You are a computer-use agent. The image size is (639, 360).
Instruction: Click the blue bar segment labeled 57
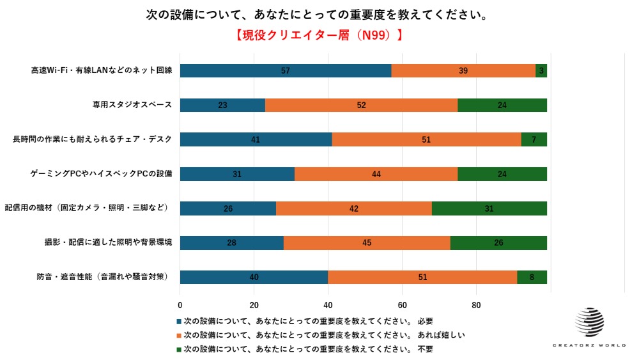(x=286, y=71)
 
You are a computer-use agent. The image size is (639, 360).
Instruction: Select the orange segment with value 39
(x=463, y=71)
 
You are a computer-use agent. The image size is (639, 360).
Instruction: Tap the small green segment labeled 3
(x=541, y=71)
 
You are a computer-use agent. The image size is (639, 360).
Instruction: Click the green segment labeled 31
(x=489, y=208)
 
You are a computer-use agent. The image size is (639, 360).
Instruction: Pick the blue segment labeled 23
(x=222, y=106)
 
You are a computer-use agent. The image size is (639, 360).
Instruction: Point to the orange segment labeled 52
(x=361, y=106)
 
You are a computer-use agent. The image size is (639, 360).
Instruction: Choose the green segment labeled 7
(x=534, y=140)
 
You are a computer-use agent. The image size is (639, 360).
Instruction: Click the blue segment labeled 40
(x=254, y=277)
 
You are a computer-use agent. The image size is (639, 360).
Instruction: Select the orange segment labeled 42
(x=354, y=208)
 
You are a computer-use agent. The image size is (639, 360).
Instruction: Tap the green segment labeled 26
(x=498, y=243)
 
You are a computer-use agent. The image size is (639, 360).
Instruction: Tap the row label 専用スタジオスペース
(x=132, y=105)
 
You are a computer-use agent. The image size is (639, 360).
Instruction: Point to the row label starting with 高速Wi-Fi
(x=102, y=70)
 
